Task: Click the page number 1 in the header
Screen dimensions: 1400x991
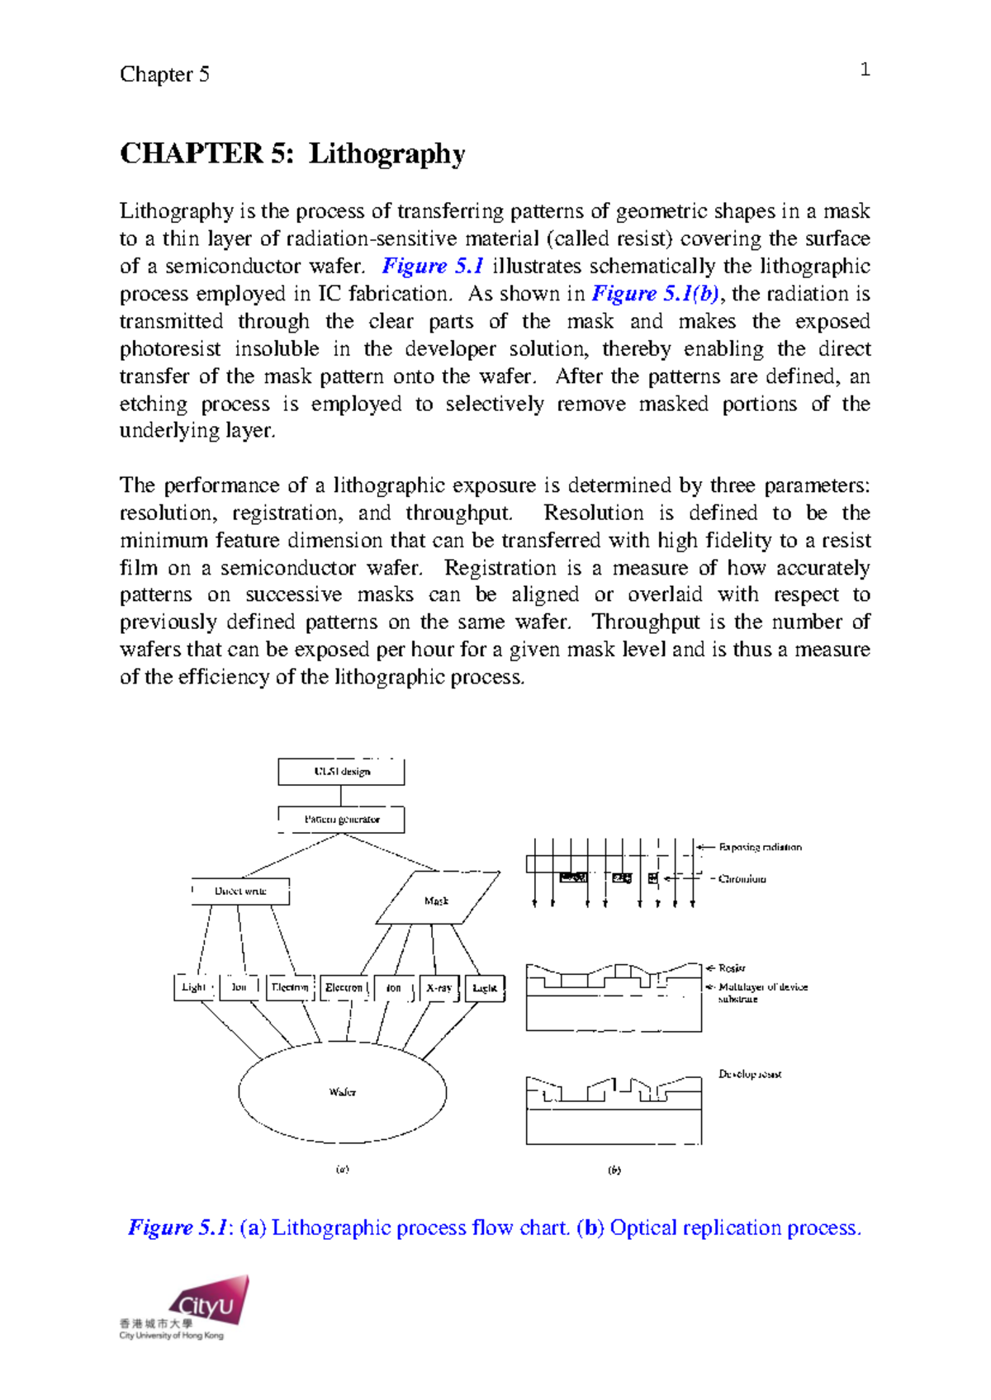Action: tap(865, 70)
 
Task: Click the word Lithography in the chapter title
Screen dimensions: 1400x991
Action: tap(386, 154)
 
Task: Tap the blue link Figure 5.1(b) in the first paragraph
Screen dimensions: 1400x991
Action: tap(656, 294)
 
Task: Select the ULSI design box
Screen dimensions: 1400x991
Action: tap(341, 772)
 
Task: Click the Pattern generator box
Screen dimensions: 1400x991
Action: tap(341, 820)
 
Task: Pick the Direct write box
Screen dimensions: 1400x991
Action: tap(240, 892)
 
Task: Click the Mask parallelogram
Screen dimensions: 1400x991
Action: tap(437, 899)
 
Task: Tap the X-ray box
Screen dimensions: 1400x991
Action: tap(439, 988)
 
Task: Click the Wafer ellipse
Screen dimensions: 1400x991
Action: tap(343, 1092)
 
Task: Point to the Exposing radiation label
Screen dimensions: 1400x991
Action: tap(760, 847)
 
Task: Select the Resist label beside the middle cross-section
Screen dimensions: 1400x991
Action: tap(732, 967)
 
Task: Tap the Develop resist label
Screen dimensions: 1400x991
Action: tap(750, 1074)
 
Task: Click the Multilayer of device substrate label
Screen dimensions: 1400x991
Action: tap(761, 992)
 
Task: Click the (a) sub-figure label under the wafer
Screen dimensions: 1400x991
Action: tap(342, 1169)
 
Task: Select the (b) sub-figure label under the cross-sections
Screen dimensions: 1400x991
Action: tap(614, 1170)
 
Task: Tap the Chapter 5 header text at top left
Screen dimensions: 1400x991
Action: tap(164, 74)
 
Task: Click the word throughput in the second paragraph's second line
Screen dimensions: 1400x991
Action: tap(458, 513)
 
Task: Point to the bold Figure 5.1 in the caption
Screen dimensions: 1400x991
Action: tap(178, 1227)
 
